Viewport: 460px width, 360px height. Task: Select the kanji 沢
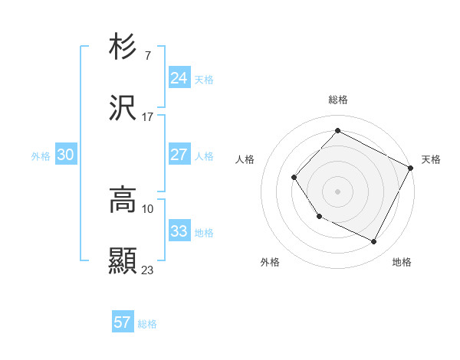[x=123, y=108]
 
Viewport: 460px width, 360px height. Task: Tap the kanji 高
[x=123, y=200]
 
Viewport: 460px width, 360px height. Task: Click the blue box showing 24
[x=179, y=78]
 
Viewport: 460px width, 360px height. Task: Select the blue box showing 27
[x=179, y=155]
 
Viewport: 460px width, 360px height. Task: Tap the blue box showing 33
[x=179, y=231]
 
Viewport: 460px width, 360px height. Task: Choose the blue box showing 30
[x=66, y=155]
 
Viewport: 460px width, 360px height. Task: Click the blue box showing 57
[x=123, y=322]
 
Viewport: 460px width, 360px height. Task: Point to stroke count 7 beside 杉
[x=147, y=56]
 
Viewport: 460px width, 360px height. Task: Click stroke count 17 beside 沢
[x=147, y=117]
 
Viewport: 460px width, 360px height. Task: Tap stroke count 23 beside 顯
[x=148, y=270]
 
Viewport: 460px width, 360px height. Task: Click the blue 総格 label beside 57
[x=147, y=324]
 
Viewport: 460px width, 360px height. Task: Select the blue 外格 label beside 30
[x=41, y=156]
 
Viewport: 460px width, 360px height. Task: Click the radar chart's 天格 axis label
[x=431, y=159]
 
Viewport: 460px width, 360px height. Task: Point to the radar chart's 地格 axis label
[x=402, y=262]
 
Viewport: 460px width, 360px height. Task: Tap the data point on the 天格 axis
[x=410, y=168]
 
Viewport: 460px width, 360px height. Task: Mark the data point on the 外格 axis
[x=320, y=216]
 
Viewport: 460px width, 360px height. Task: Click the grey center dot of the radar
[x=337, y=191]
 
